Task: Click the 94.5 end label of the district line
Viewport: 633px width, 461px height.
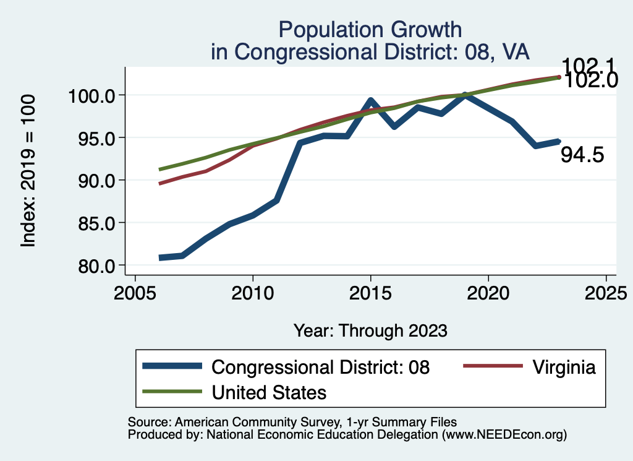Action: pos(582,155)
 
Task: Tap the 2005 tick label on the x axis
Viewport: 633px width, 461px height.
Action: pos(135,293)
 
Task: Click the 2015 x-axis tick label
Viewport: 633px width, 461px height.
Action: pos(370,293)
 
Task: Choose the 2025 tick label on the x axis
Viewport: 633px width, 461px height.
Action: pos(606,293)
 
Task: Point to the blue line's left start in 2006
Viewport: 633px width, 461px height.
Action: pos(161,257)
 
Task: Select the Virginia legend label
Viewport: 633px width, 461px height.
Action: pos(563,367)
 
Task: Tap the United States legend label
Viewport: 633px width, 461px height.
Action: pos(269,392)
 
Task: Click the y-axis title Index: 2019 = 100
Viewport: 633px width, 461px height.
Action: pos(28,171)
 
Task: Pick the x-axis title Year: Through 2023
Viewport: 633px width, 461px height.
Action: pos(370,330)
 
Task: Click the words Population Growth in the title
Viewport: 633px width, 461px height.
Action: pos(370,29)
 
